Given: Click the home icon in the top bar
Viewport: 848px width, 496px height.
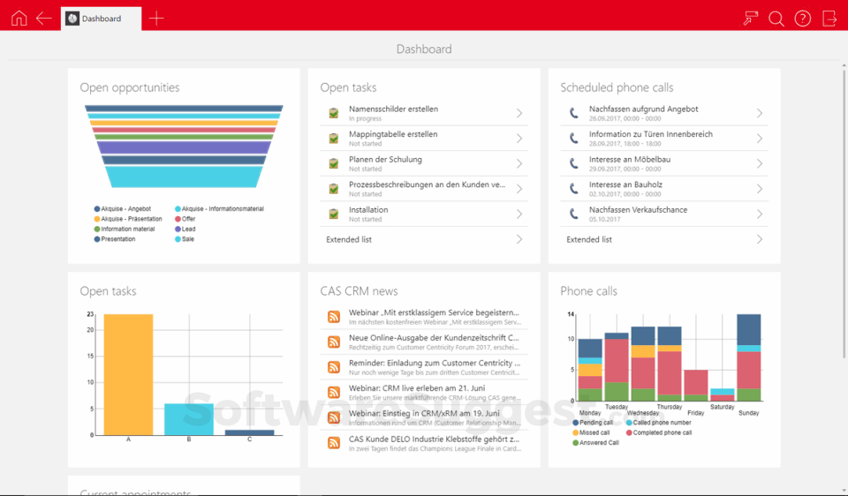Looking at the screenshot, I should click(x=19, y=18).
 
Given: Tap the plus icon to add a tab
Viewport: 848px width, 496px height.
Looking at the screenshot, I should click(x=156, y=18).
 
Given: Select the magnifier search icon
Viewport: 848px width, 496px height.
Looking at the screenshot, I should click(x=776, y=18).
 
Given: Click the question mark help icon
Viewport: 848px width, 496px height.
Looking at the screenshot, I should click(x=802, y=18).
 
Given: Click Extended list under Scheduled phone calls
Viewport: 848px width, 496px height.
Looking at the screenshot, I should click(x=589, y=239).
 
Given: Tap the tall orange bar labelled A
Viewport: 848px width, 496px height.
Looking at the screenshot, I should click(x=128, y=374).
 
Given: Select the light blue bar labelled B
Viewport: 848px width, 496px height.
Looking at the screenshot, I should click(x=188, y=419).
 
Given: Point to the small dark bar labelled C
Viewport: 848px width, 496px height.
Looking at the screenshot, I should click(x=249, y=432).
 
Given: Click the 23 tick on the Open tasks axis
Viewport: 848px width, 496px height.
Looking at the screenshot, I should click(x=90, y=314).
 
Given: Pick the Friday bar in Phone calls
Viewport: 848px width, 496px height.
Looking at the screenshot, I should click(x=696, y=385).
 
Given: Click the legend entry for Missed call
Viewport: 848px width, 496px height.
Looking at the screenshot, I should click(x=594, y=432).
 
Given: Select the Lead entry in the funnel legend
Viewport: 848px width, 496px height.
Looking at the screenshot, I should click(x=189, y=229).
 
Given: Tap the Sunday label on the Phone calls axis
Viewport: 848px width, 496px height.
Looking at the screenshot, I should click(x=748, y=412).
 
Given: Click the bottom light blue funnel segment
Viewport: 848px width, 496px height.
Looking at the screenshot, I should click(x=184, y=177).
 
